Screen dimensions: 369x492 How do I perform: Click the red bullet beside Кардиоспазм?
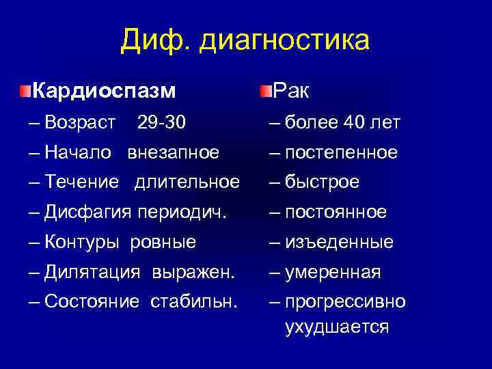pos(25,90)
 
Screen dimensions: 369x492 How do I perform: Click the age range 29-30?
pos(161,123)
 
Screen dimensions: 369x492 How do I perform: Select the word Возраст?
pos(80,123)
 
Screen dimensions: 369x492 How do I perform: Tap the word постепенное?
pos(341,152)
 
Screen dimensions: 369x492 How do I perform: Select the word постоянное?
pos(336,213)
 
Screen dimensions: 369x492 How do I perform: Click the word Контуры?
pos(85,242)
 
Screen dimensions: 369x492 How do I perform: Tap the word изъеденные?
pos(339,242)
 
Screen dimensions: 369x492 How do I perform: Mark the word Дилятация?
pos(92,272)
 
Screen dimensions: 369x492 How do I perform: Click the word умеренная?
pos(333,272)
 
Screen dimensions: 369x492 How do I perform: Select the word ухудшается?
pos(337,327)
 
